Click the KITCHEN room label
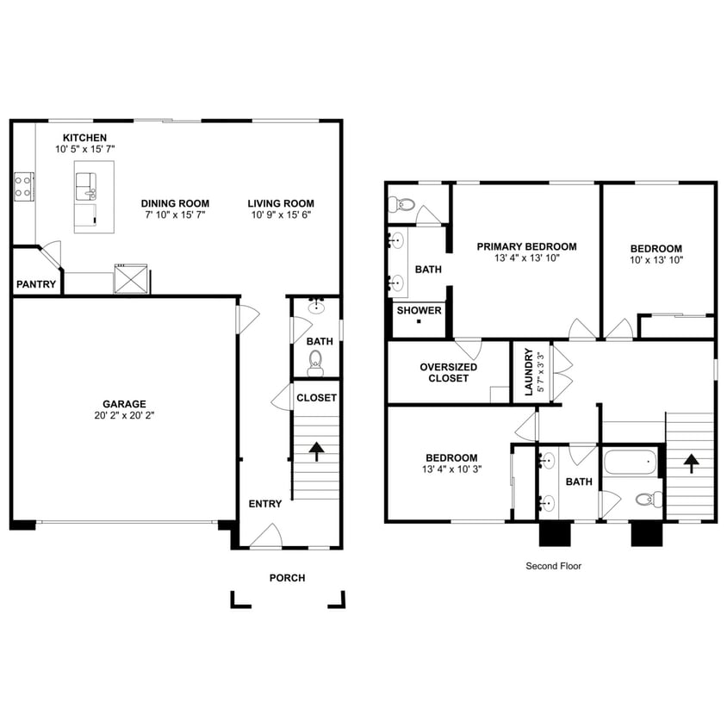coord(84,138)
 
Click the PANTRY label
coord(36,284)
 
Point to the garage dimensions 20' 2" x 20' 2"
coord(124,415)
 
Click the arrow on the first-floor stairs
coord(316,450)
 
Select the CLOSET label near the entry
coord(316,398)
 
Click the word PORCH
coord(287,578)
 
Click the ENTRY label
coord(264,504)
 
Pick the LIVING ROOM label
coord(281,203)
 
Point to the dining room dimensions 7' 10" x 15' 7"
coord(175,215)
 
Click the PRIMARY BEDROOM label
coord(526,246)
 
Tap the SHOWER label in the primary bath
coord(419,311)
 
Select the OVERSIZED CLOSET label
coord(448,372)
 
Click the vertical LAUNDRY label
coord(529,373)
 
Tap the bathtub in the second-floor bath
coord(630,463)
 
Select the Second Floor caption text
coord(554,567)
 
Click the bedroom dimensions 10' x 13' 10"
coord(656,259)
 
